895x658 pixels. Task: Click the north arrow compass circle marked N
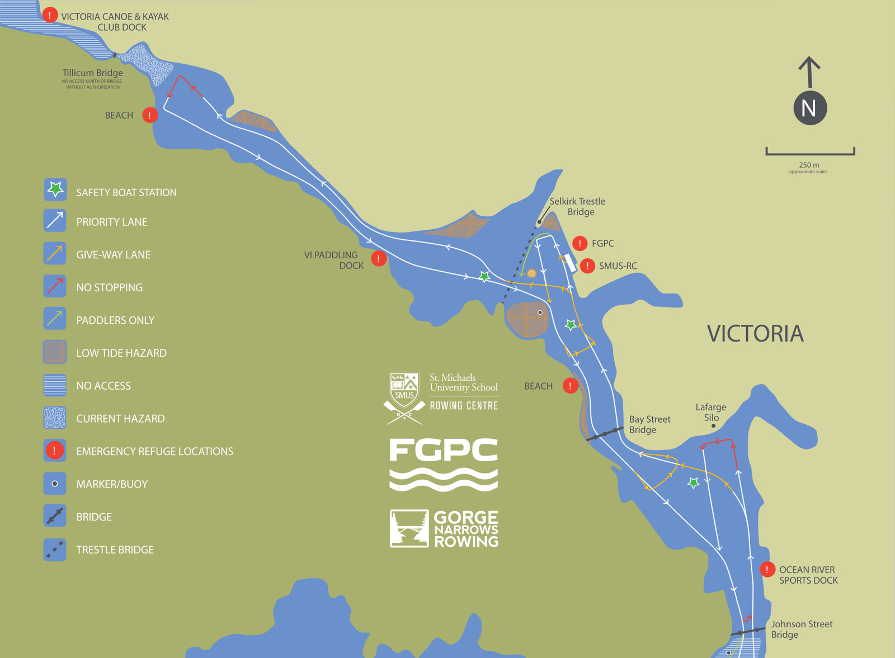[809, 108]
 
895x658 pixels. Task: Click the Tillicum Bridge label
[93, 73]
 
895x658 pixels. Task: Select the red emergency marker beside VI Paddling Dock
[379, 259]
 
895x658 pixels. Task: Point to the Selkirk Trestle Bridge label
[578, 206]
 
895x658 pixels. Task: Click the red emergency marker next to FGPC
[580, 243]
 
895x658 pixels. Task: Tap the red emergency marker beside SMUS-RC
[587, 266]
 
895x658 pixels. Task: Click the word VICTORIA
[755, 334]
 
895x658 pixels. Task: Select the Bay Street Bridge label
[649, 424]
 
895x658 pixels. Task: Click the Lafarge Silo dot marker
[713, 426]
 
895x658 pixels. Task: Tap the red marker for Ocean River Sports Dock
[767, 570]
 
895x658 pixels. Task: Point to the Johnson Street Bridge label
[802, 629]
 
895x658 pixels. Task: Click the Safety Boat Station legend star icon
[55, 190]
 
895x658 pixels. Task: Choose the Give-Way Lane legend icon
[55, 253]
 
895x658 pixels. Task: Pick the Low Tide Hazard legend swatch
[55, 352]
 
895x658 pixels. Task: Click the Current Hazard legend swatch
[55, 418]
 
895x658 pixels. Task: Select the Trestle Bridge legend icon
[55, 549]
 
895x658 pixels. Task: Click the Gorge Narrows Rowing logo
[444, 528]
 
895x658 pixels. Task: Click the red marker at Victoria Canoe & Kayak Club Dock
[50, 15]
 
